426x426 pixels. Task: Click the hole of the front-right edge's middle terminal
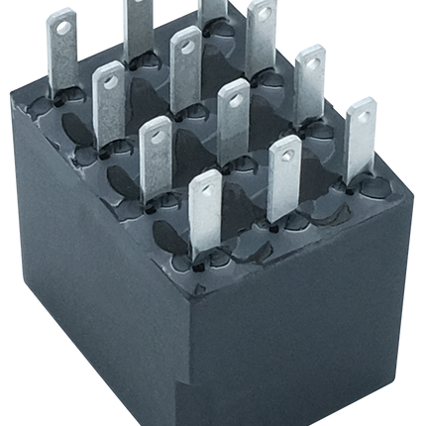[285, 151]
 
